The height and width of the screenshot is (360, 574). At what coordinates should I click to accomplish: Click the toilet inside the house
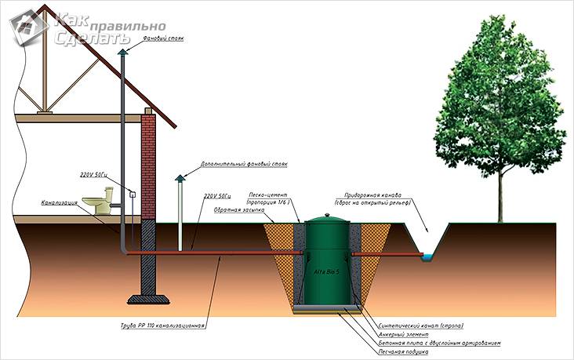click(x=98, y=202)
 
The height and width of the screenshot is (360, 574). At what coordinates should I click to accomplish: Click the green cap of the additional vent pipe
click(x=179, y=179)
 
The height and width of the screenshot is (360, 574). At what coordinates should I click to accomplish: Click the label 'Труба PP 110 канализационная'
click(x=169, y=325)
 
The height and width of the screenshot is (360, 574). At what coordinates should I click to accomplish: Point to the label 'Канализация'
click(x=58, y=203)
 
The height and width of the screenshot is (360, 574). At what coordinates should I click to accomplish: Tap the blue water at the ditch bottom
click(x=428, y=256)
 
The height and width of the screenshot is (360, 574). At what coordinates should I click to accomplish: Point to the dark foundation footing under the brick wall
click(x=147, y=297)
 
